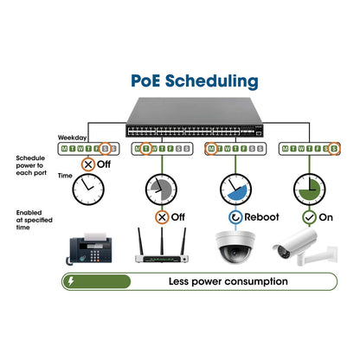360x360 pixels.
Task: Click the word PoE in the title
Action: point(148,81)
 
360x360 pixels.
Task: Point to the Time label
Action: point(64,176)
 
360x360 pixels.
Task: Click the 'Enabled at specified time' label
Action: point(30,218)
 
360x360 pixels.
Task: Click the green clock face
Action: point(308,186)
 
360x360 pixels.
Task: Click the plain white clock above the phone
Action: point(89,187)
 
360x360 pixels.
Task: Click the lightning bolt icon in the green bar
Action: point(70,281)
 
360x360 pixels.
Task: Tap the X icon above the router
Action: point(161,217)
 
